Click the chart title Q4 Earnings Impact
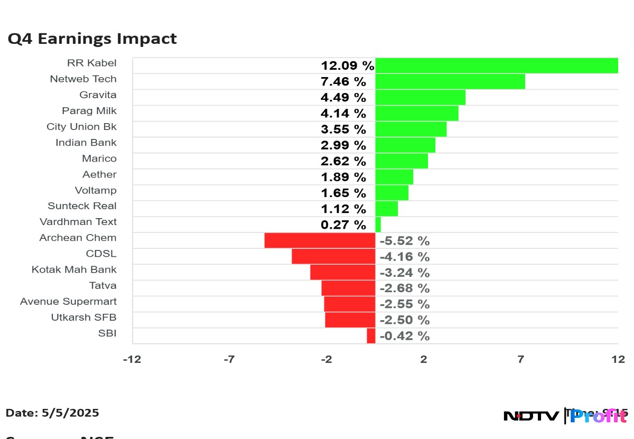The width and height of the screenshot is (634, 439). [x=92, y=39]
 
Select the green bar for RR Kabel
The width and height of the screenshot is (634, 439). [x=497, y=66]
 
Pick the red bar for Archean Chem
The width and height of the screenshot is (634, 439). [x=320, y=240]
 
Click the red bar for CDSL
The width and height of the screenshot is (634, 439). [x=333, y=256]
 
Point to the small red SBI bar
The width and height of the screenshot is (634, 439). [x=371, y=335]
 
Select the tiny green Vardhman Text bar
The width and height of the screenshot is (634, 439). [x=378, y=225]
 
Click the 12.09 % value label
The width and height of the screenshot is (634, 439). [x=348, y=66]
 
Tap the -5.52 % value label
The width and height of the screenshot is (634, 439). [x=405, y=241]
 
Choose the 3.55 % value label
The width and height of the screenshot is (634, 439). [x=343, y=129]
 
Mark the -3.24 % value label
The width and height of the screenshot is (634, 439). [x=405, y=273]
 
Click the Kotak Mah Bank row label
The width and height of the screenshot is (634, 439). [x=74, y=269]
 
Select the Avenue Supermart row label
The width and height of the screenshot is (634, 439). [x=68, y=301]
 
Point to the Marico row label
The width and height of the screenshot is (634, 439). [x=99, y=158]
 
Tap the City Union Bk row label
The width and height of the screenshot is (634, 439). [x=81, y=127]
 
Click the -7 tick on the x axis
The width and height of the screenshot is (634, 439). [x=229, y=359]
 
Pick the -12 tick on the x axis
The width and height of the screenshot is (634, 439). [x=132, y=359]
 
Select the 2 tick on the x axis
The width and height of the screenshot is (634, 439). [x=423, y=359]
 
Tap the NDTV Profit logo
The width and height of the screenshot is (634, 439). [x=565, y=416]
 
